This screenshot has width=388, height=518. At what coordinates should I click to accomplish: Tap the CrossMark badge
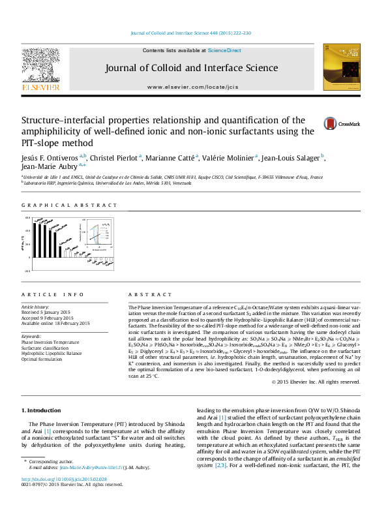341,123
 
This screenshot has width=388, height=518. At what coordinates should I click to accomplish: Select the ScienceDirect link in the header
224,50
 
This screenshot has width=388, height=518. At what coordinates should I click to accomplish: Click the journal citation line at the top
191,33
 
